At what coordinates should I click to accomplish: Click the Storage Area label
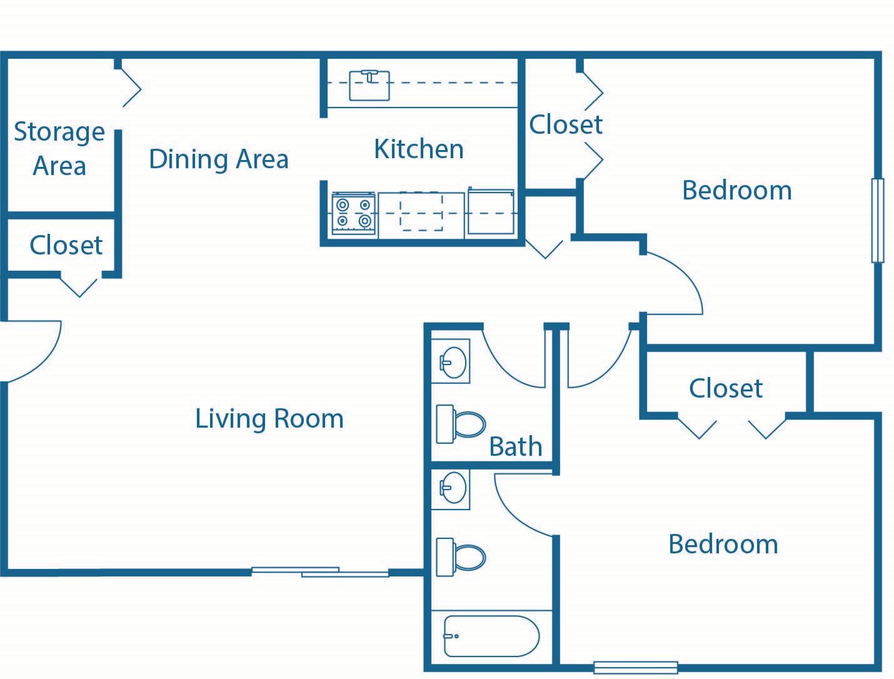(59, 149)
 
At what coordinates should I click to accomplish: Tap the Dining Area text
(219, 159)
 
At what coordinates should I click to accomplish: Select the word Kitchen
(419, 149)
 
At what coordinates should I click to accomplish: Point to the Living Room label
(269, 418)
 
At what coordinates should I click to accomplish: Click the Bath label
(515, 446)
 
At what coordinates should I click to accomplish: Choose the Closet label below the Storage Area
(66, 245)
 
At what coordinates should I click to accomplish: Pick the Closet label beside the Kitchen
(566, 124)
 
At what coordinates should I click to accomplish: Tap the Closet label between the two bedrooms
(725, 388)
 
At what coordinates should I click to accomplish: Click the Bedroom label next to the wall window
(736, 190)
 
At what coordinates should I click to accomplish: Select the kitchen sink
(369, 85)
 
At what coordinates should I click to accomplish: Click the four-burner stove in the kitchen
(354, 214)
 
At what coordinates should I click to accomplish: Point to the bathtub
(491, 636)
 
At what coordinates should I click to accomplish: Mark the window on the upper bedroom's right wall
(878, 220)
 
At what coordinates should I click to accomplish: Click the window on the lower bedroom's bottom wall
(635, 668)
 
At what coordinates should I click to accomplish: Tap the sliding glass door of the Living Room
(320, 571)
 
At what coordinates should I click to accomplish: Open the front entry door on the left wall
(31, 351)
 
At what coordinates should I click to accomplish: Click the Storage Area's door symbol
(130, 88)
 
